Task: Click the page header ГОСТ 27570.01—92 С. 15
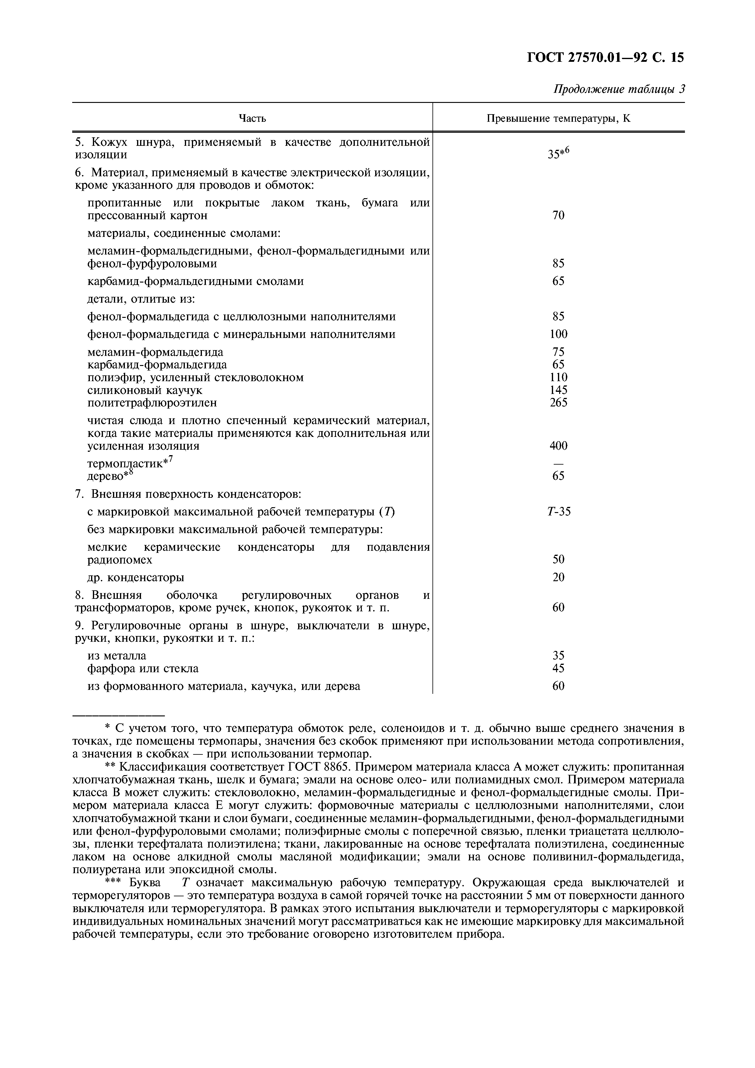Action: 605,58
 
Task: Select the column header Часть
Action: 252,118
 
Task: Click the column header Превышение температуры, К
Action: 558,118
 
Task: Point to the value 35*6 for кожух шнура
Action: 558,153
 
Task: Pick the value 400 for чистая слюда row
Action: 558,446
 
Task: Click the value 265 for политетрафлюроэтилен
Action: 558,402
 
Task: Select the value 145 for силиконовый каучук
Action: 558,390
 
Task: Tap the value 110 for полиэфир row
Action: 558,377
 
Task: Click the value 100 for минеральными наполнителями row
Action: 558,334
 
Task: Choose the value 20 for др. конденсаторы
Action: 558,577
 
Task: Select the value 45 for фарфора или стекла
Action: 558,669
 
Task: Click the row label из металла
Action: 117,656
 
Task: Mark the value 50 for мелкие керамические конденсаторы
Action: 558,560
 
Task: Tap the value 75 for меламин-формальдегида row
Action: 558,352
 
